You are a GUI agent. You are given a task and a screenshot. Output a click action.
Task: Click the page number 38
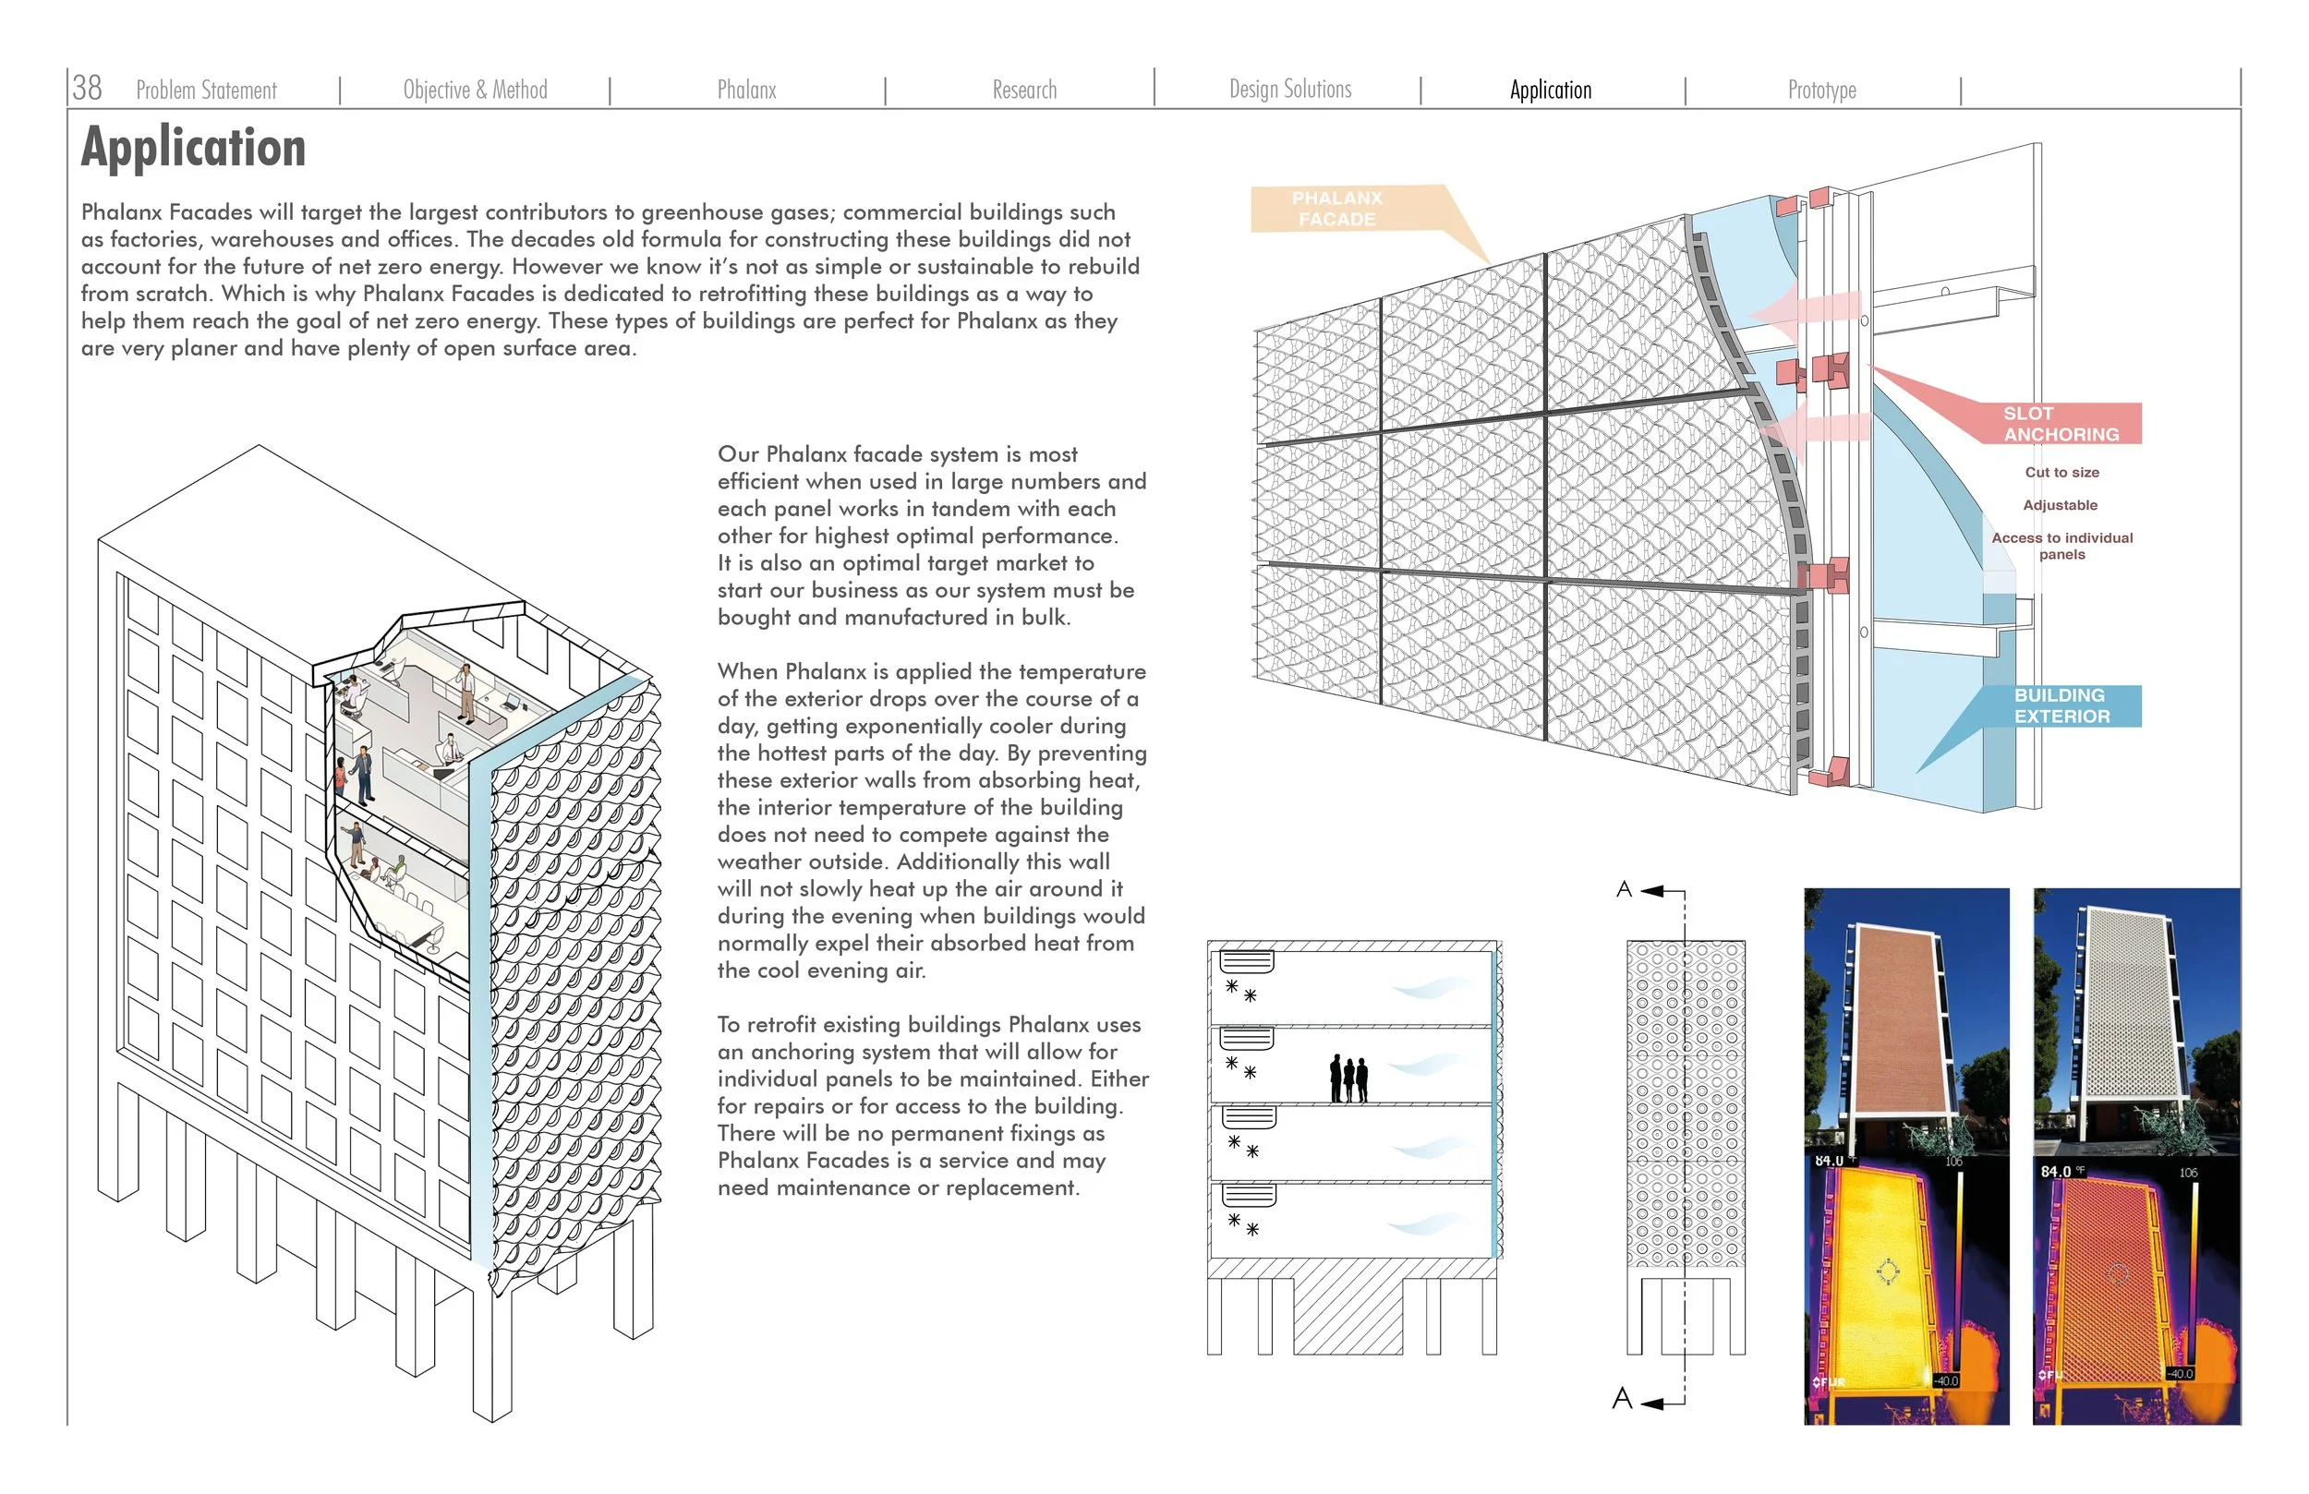86,88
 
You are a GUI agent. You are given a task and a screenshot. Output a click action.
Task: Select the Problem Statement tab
206,90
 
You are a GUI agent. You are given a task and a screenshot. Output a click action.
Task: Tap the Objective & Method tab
475,90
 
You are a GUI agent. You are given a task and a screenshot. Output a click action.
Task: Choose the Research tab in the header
1023,90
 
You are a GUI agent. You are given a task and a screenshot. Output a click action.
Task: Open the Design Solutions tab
1289,90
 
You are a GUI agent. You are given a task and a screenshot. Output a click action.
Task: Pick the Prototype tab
1821,90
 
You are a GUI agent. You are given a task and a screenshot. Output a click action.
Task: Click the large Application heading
193,148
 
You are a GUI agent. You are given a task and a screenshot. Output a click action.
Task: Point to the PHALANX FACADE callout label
1336,209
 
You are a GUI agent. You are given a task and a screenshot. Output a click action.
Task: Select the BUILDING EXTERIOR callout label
2061,705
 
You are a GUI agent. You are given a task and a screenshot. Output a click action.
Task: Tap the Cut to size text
2061,473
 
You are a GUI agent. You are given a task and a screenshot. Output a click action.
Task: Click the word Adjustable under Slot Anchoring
2059,505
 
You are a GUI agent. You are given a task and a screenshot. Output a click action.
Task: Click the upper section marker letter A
1623,889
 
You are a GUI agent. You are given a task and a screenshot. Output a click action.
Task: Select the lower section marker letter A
1621,1398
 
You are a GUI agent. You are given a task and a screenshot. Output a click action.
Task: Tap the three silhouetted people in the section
1348,1078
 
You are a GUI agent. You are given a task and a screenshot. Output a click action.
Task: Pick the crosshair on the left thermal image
1887,1271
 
